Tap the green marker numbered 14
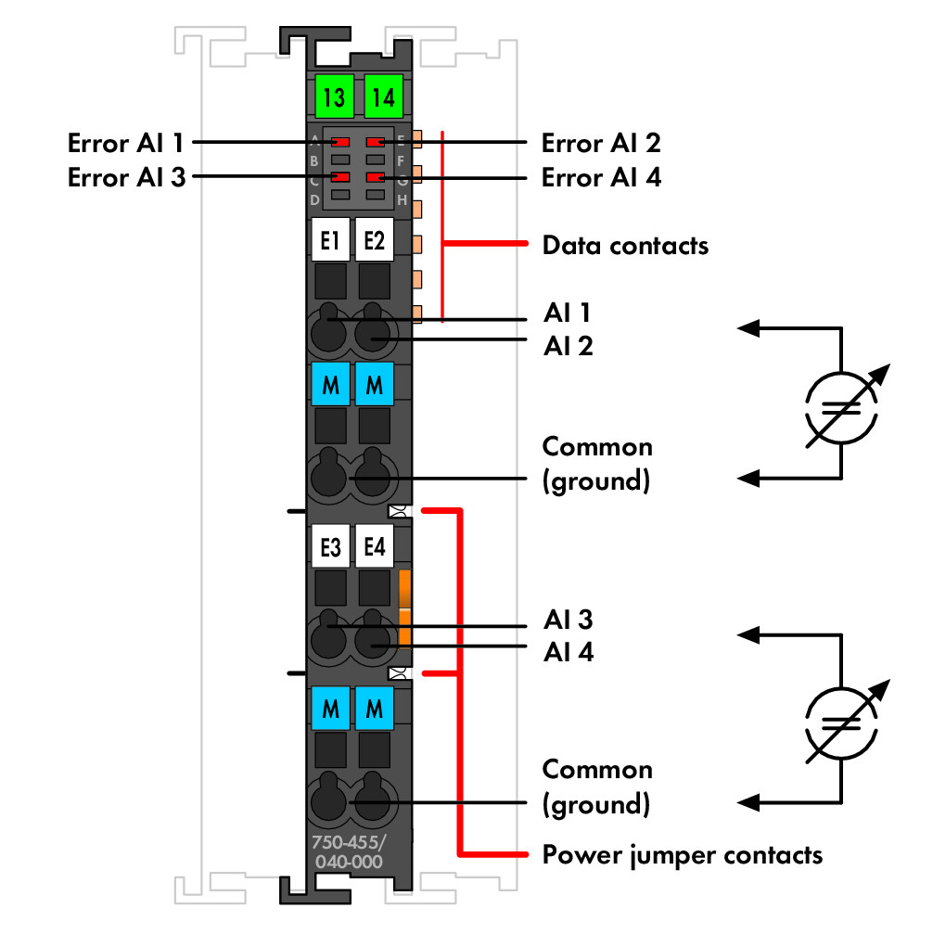click(381, 96)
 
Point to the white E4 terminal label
click(375, 548)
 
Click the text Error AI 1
click(126, 144)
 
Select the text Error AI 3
click(126, 177)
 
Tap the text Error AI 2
click(601, 144)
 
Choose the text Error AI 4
click(601, 177)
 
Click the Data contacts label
click(625, 246)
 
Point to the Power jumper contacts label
click(682, 854)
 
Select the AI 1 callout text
click(567, 312)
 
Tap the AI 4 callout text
click(567, 653)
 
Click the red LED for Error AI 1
click(340, 142)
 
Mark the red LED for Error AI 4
click(375, 176)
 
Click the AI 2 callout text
click(567, 346)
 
